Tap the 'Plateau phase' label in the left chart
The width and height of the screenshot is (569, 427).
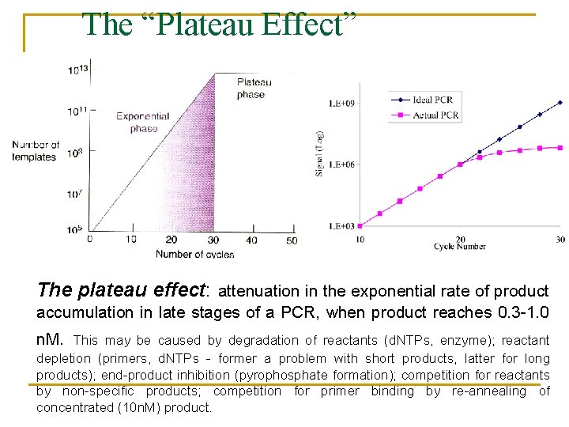254,89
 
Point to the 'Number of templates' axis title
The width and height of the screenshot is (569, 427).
35,151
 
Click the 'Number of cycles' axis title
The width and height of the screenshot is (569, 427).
194,254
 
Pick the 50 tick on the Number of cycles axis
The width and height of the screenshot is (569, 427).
292,240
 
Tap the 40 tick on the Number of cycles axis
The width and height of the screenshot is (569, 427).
251,240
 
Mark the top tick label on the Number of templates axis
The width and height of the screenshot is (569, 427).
77,70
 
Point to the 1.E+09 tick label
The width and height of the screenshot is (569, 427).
341,103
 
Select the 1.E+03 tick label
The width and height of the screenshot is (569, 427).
341,226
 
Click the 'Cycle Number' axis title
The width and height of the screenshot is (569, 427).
459,247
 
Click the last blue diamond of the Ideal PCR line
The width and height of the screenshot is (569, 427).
560,102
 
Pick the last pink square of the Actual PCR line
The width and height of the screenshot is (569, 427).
560,147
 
